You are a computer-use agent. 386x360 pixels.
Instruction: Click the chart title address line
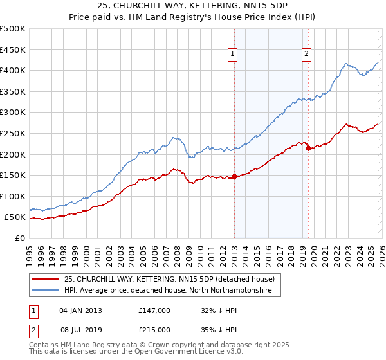coord(193,6)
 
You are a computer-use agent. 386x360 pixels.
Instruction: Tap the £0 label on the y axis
coord(19,238)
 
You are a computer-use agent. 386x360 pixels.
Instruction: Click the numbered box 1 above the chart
coord(232,54)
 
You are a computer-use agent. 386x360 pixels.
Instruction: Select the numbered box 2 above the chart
coord(307,54)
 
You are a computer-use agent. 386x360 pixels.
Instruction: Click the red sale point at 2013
coord(234,176)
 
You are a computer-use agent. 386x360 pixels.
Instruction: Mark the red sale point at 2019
coord(308,148)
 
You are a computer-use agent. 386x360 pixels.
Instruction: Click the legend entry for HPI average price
coord(167,291)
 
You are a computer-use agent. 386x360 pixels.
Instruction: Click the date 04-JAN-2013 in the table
coord(80,310)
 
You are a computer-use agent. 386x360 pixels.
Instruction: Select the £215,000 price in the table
coord(154,329)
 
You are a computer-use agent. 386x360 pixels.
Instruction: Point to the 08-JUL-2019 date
coord(80,329)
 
